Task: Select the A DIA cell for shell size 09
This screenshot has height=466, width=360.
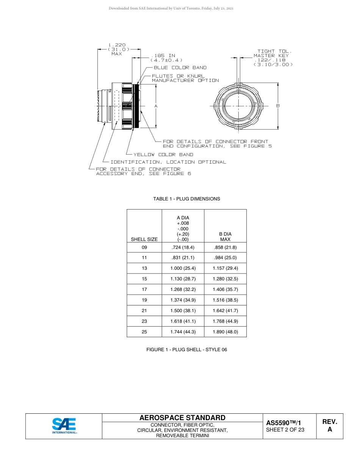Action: point(183,247)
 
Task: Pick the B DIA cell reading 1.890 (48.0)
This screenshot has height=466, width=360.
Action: point(225,332)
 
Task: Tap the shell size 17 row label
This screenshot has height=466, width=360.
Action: point(144,289)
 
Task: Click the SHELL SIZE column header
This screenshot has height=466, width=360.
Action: point(144,239)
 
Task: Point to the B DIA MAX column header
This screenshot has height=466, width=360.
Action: point(225,237)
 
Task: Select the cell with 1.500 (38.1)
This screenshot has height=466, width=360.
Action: point(183,311)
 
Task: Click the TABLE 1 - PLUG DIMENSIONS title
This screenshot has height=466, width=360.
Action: point(186,199)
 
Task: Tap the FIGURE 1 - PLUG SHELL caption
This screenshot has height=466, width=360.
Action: point(186,350)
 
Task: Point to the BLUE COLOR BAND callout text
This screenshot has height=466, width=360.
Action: point(180,68)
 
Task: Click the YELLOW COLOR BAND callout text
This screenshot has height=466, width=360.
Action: point(163,155)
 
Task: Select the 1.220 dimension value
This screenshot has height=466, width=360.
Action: point(117,45)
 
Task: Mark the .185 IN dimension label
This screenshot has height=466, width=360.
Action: point(163,56)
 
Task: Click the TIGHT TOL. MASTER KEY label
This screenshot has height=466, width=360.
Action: point(272,53)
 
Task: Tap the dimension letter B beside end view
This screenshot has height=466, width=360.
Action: point(278,106)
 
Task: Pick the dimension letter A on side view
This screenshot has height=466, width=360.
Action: point(156,106)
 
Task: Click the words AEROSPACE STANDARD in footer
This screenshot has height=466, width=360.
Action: point(182,418)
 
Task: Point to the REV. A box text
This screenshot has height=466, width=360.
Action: point(330,425)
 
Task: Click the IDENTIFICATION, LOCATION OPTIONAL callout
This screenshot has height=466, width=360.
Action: point(168,162)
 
